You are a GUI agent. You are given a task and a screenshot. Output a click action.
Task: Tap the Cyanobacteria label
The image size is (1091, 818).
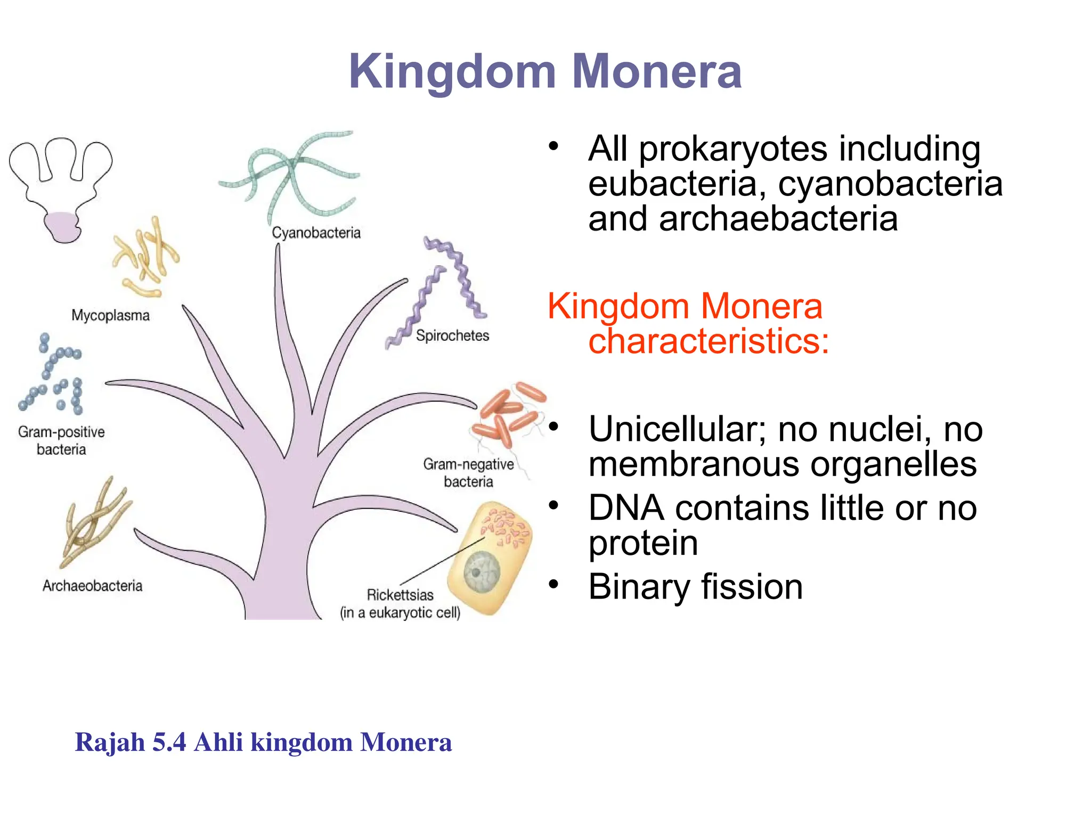(x=316, y=233)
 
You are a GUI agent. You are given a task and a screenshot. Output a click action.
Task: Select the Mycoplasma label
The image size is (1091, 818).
(x=110, y=315)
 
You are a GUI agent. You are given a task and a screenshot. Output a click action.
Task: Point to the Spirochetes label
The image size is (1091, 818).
(x=452, y=336)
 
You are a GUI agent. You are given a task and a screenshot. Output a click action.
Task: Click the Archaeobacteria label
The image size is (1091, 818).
(x=92, y=586)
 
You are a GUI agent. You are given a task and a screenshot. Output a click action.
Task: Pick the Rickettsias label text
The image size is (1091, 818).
(x=400, y=595)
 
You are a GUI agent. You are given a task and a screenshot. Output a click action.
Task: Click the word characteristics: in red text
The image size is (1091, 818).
(x=709, y=341)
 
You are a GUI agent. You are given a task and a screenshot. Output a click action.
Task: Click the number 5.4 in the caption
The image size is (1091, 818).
(x=169, y=742)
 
